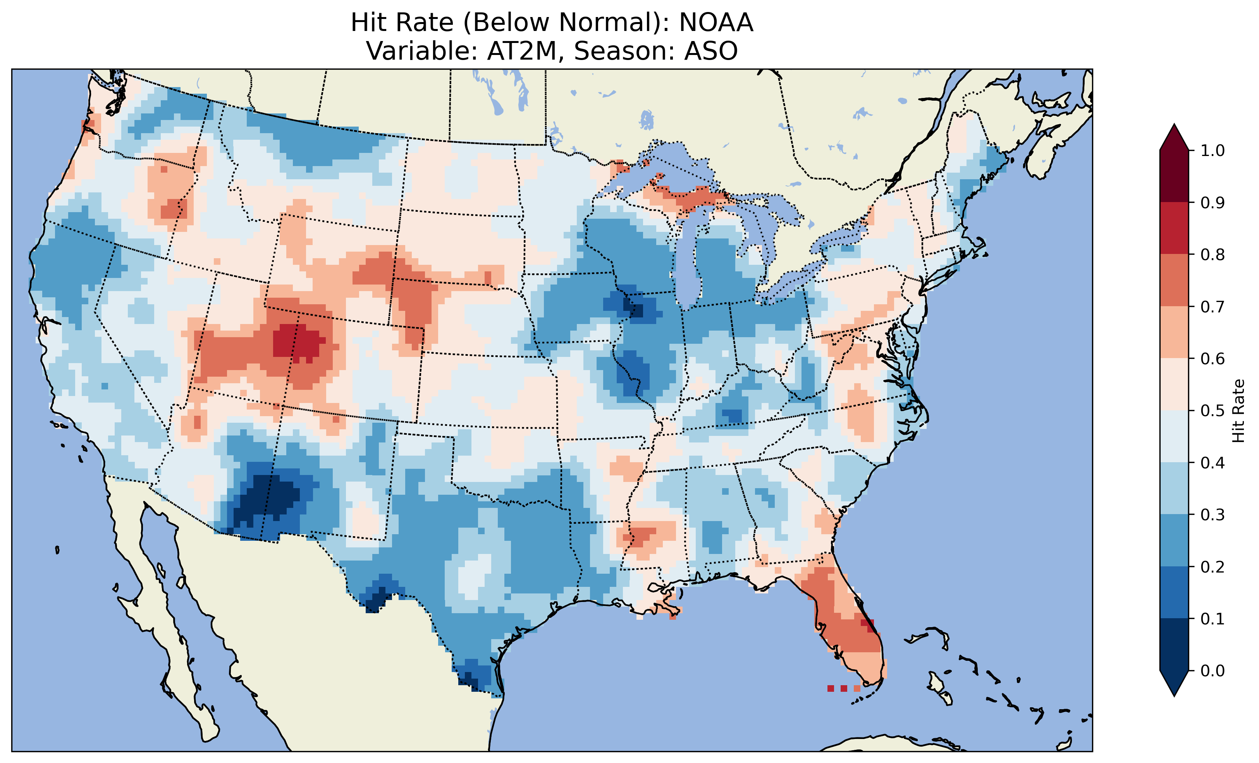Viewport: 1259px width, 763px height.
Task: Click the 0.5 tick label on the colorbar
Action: [x=1213, y=411]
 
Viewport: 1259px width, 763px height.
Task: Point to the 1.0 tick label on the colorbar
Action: [x=1213, y=151]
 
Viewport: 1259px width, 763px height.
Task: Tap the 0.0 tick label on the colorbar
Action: [x=1213, y=670]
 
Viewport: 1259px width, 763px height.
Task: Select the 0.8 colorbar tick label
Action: [x=1213, y=254]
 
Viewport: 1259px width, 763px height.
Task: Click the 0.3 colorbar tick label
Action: [x=1213, y=515]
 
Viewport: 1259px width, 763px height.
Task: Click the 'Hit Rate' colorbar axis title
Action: [x=1238, y=411]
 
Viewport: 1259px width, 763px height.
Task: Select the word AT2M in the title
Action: [x=521, y=51]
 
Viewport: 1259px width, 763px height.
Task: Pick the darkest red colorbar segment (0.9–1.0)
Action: [x=1174, y=176]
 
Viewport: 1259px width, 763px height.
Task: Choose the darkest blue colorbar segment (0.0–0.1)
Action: [x=1174, y=645]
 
